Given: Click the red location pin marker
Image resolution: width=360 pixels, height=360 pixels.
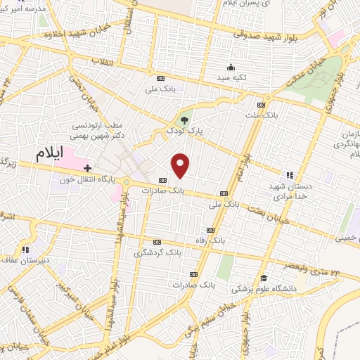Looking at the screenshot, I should [181, 165].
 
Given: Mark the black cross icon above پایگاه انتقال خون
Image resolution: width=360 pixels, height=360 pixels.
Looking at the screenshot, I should [87, 168].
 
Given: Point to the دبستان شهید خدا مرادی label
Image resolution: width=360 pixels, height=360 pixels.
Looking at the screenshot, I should [290, 192].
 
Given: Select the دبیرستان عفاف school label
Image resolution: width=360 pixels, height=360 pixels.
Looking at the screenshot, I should [26, 259].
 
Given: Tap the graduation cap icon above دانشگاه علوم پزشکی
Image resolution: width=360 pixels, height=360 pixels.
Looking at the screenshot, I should [264, 278].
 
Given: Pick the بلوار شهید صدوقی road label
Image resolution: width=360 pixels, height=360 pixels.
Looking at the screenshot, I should [260, 33].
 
